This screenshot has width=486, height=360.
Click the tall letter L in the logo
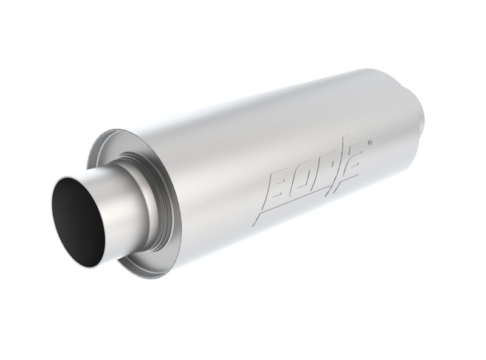click(x=342, y=158)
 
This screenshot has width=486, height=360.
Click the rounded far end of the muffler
click(x=419, y=112)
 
